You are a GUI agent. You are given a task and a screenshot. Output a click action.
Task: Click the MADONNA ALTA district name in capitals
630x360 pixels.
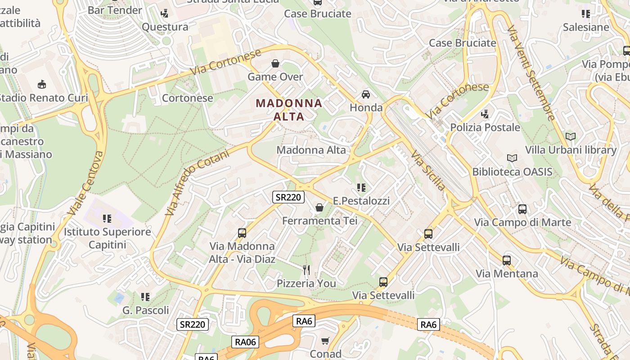click(289, 110)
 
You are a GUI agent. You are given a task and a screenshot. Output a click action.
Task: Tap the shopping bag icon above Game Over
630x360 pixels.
click(275, 63)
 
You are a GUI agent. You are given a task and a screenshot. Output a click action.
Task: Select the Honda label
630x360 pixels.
click(366, 108)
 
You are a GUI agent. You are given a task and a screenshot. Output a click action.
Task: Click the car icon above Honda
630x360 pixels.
click(366, 94)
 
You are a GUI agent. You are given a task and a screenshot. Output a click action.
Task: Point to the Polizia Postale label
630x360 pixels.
click(485, 127)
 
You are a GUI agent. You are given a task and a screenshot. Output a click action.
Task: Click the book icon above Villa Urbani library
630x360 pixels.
click(570, 136)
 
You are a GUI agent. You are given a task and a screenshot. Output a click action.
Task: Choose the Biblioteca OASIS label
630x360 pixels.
click(512, 171)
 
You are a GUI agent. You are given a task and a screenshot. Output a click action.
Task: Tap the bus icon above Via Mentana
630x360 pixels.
click(507, 260)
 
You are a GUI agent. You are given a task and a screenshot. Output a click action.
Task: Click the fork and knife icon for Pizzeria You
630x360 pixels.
click(306, 270)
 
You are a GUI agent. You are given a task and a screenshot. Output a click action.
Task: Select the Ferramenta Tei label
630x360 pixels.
click(319, 220)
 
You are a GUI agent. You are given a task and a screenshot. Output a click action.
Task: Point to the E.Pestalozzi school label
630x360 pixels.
click(361, 201)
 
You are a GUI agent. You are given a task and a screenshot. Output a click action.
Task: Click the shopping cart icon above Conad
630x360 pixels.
click(325, 341)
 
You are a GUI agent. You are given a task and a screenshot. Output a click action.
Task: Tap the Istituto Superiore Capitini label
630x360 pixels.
click(107, 238)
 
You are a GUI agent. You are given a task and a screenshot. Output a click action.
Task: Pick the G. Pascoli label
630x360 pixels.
click(146, 310)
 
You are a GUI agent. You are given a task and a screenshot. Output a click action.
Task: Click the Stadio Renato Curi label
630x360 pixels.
click(43, 98)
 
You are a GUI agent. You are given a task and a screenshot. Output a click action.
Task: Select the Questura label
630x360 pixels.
click(165, 27)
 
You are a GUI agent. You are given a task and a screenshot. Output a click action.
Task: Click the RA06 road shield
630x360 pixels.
click(246, 342)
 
